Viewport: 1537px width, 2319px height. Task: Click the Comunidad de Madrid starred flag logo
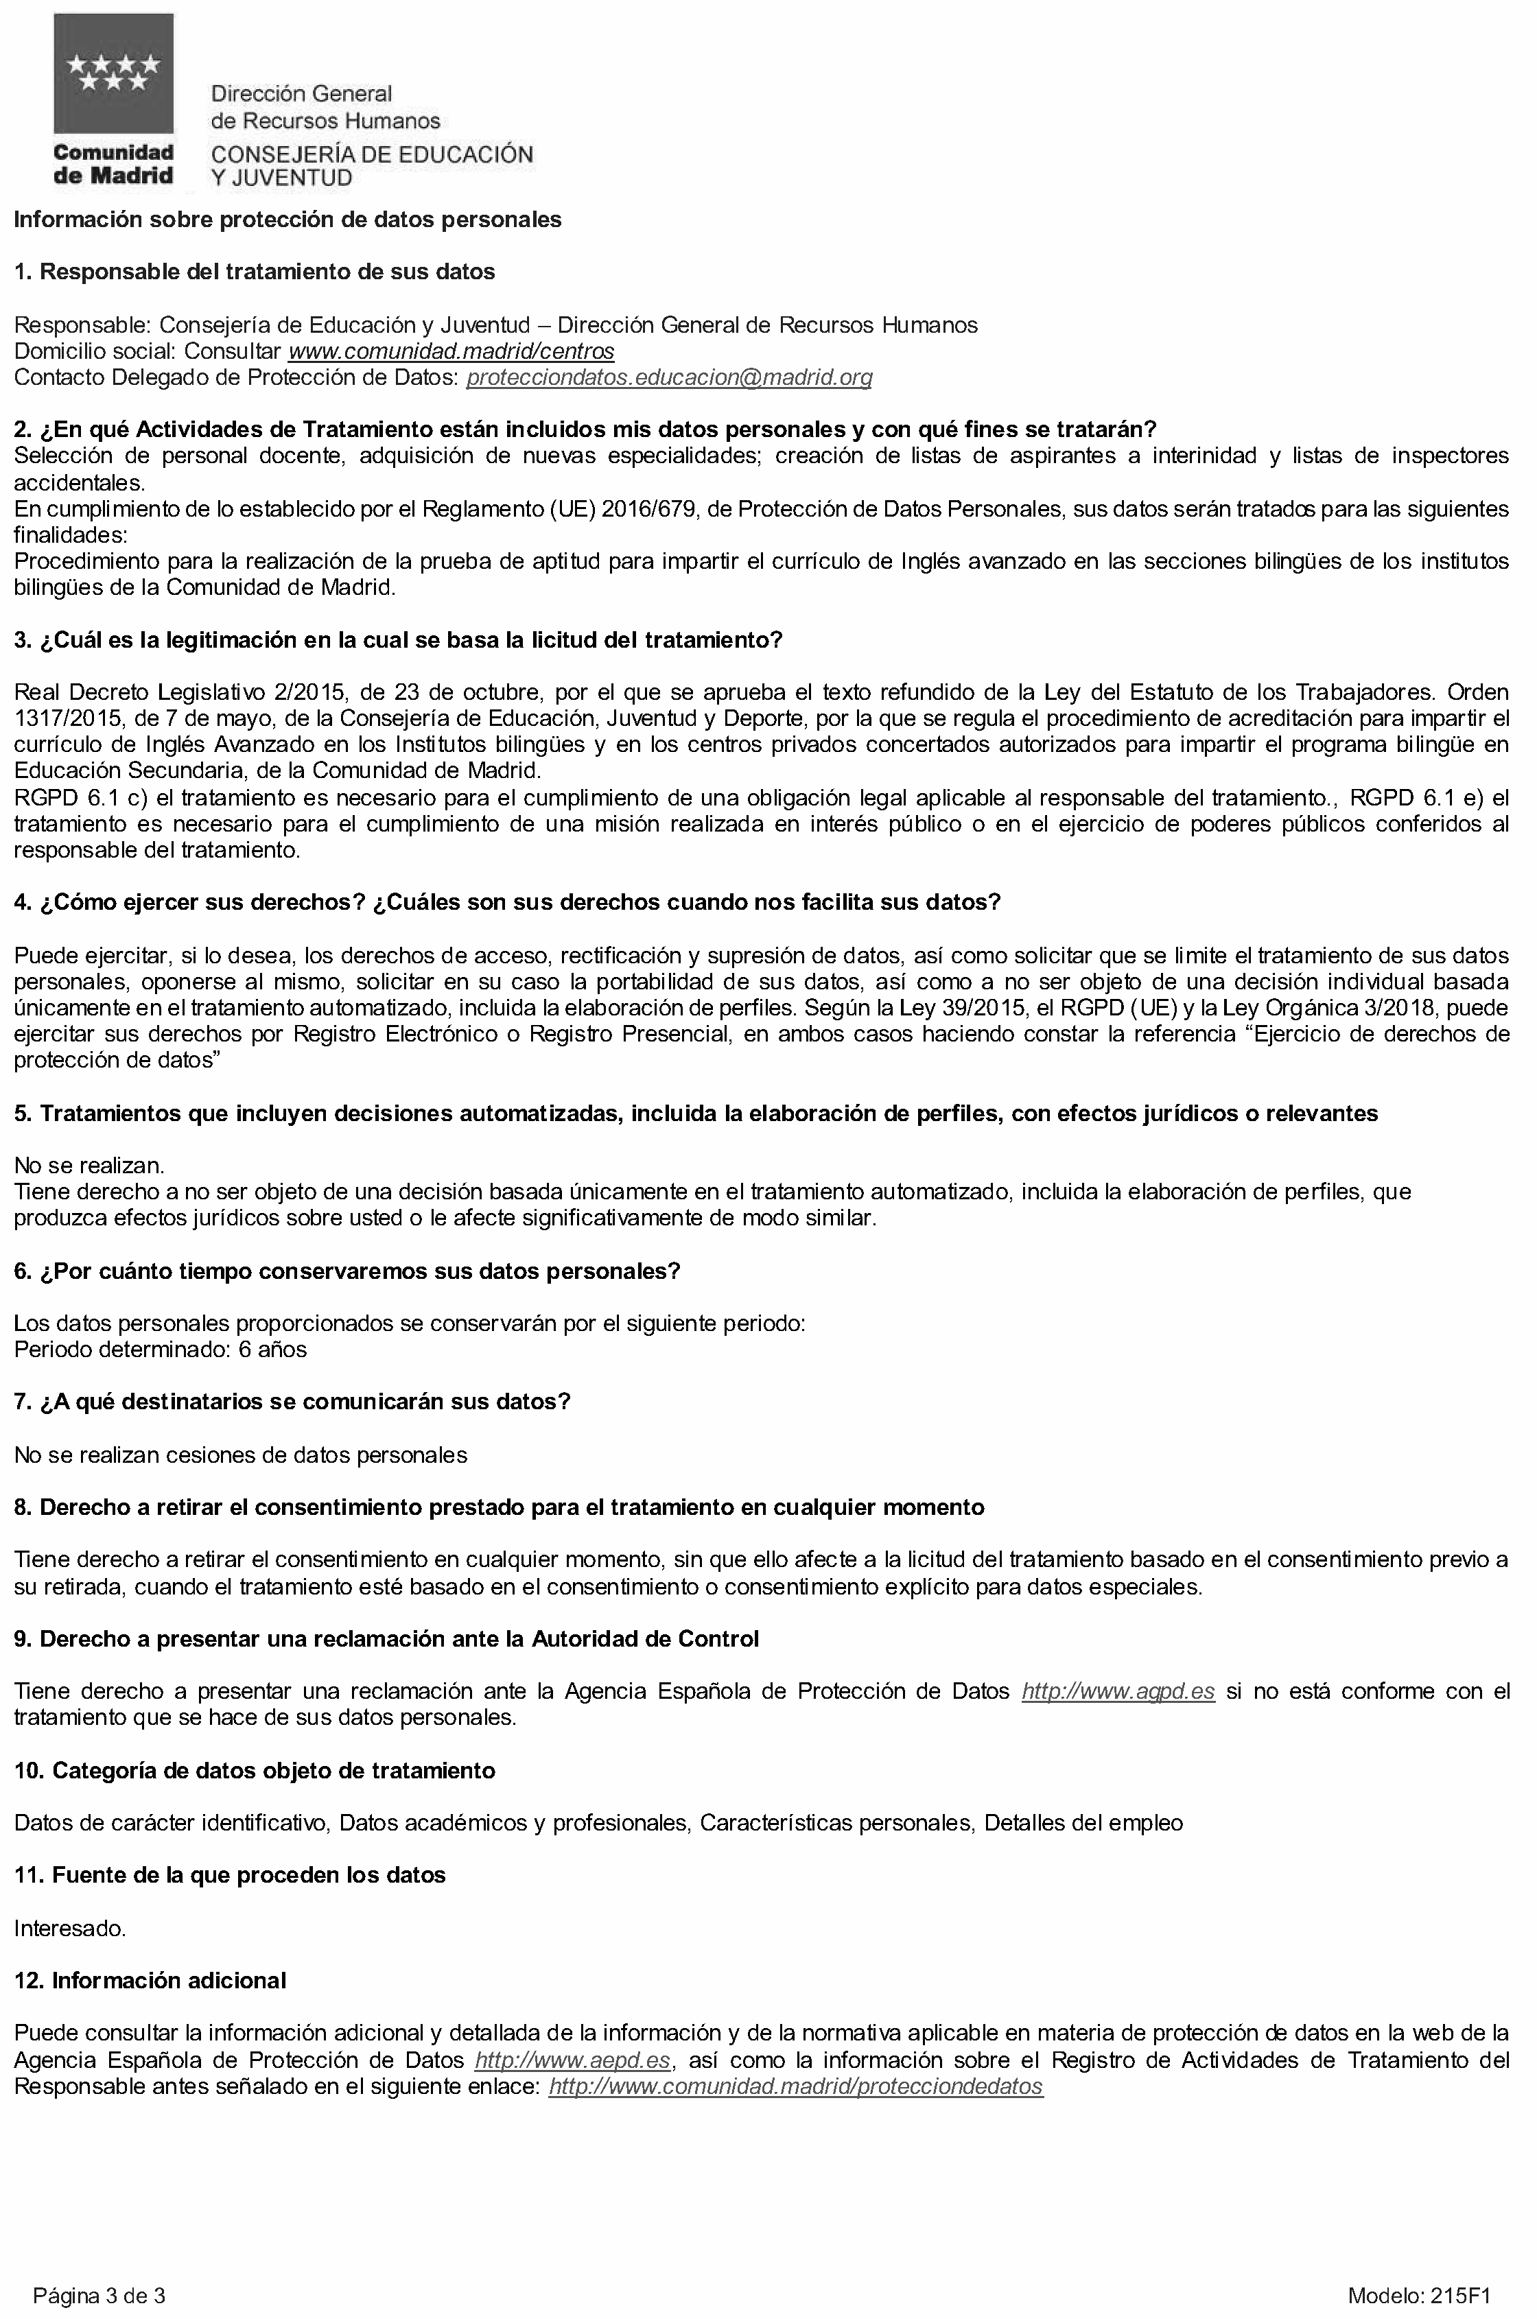tap(114, 73)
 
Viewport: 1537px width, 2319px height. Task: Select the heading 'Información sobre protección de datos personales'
tap(288, 220)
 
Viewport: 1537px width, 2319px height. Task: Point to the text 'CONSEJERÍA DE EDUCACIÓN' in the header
tap(373, 154)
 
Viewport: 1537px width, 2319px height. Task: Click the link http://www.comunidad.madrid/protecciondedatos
tap(795, 2086)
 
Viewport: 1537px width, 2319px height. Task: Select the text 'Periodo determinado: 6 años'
tap(160, 1350)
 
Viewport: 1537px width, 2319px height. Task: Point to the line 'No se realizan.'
tap(89, 1166)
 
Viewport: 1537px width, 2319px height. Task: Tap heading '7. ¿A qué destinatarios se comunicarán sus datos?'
tap(292, 1402)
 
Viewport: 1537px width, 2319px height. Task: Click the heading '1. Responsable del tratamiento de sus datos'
tap(254, 272)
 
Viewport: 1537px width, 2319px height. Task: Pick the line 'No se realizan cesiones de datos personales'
tap(240, 1455)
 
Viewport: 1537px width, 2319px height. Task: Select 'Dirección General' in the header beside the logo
tap(302, 94)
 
